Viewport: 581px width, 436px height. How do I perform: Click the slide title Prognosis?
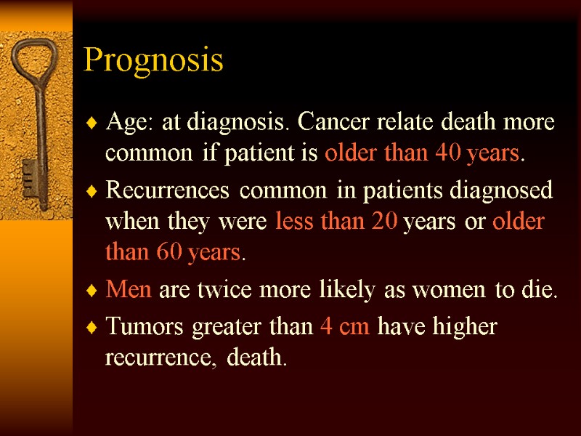pos(153,60)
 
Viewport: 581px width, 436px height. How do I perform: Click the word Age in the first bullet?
pos(122,123)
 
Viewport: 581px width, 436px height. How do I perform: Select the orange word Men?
pos(129,291)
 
